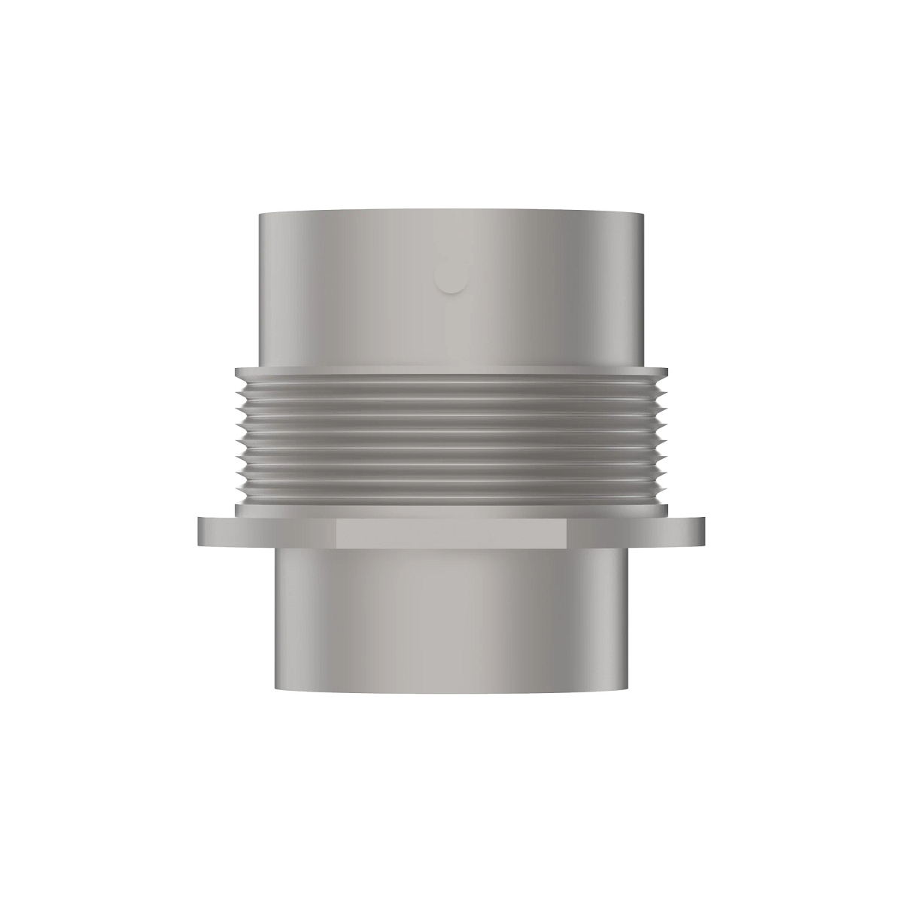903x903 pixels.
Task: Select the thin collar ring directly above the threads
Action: pyautogui.click(x=451, y=372)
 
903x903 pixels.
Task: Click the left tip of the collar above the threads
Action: pyautogui.click(x=237, y=372)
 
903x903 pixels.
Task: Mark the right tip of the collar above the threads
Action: pyautogui.click(x=665, y=372)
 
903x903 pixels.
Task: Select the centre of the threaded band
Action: pyautogui.click(x=451, y=440)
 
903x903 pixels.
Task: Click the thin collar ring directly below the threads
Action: pyautogui.click(x=451, y=510)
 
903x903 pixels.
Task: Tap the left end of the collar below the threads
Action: pyautogui.click(x=238, y=510)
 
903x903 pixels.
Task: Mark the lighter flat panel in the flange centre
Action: pyautogui.click(x=451, y=534)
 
